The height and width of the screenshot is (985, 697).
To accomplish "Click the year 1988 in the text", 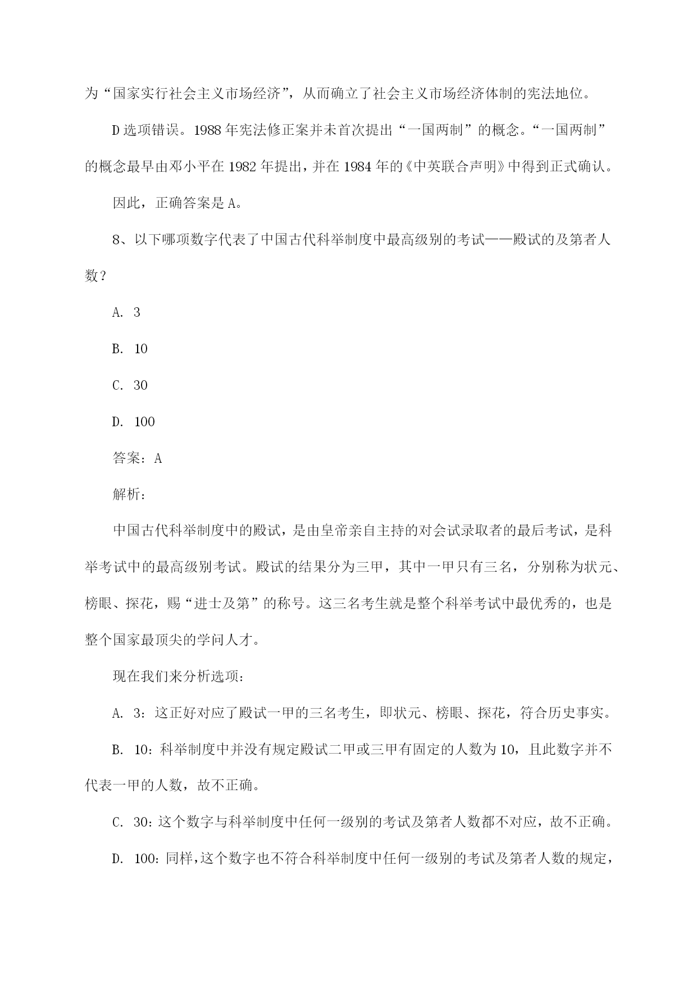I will click(x=208, y=130).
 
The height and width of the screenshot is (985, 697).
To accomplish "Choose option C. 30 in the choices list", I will click(x=130, y=385).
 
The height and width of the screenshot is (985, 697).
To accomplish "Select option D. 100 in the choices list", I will click(x=133, y=422).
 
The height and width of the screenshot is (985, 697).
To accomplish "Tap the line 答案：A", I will click(x=138, y=458).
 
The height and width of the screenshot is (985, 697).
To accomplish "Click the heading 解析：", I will click(x=130, y=495).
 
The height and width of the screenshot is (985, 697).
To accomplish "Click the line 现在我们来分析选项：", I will click(x=178, y=677).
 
